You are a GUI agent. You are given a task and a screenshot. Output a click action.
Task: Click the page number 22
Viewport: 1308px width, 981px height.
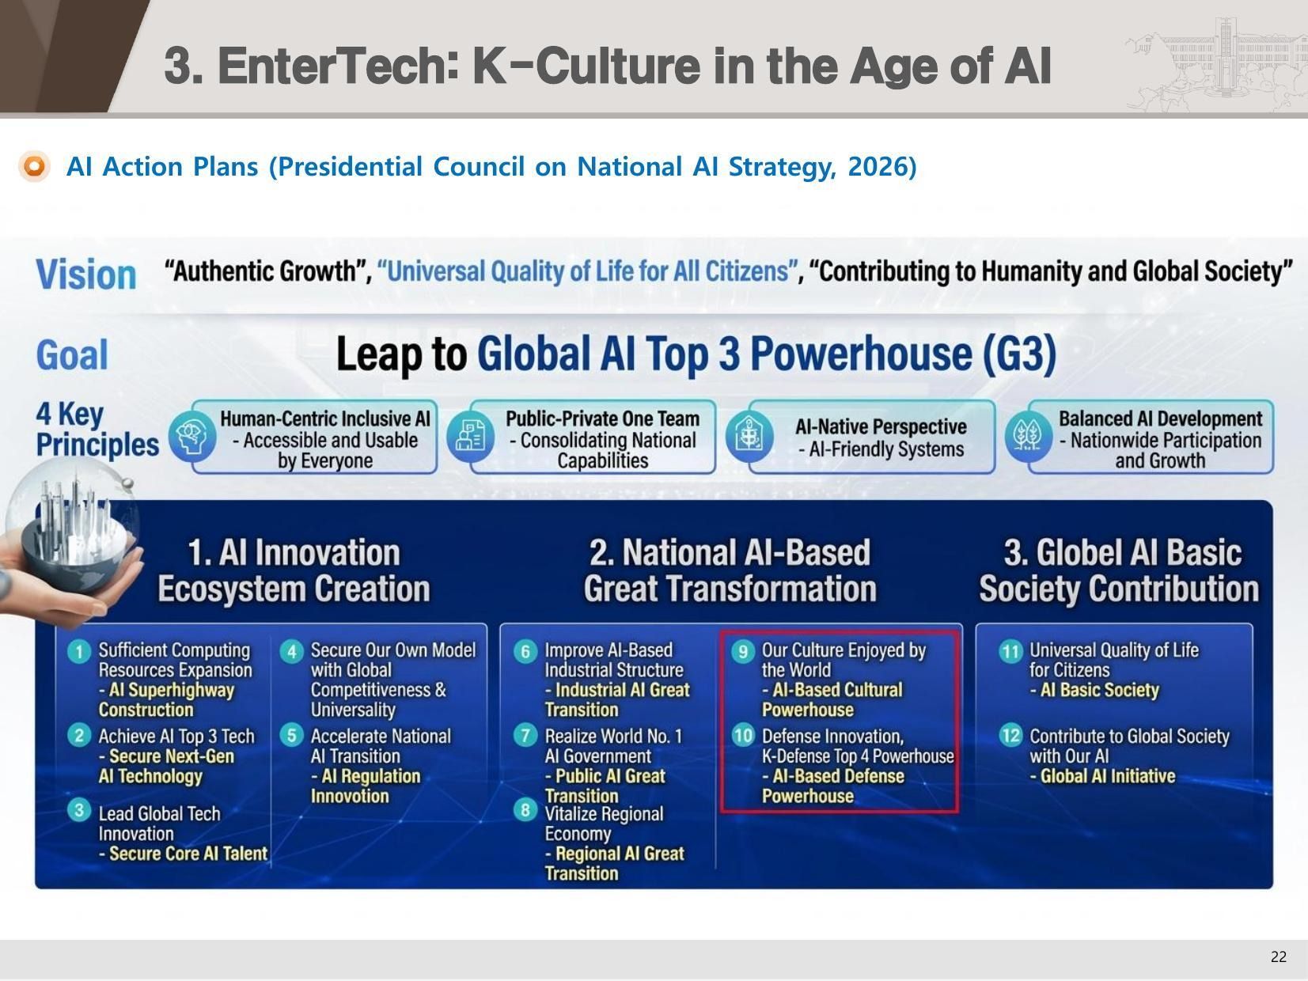(x=1279, y=956)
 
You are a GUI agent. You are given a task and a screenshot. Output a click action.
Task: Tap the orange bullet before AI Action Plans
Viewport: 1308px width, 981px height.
(x=35, y=166)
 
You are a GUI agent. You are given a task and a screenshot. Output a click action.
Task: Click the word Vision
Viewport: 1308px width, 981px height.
(x=86, y=275)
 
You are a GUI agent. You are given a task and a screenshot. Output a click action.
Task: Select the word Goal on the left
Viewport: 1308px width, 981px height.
(x=72, y=354)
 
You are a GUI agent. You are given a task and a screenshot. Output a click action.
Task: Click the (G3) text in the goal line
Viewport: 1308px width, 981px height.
(x=1020, y=354)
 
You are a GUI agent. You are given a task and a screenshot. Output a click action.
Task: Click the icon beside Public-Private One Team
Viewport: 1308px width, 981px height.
(x=471, y=437)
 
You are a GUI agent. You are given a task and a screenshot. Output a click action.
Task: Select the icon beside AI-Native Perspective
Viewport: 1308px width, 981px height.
(x=749, y=437)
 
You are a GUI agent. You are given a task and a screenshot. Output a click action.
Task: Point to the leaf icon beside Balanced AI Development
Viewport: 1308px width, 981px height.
(x=1029, y=437)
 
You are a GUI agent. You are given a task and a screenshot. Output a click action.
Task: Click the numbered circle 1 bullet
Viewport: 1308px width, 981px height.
(x=78, y=652)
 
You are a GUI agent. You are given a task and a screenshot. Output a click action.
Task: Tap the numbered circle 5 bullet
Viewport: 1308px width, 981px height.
(x=291, y=736)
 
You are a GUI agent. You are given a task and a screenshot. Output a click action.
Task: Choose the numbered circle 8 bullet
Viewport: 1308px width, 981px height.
(x=525, y=810)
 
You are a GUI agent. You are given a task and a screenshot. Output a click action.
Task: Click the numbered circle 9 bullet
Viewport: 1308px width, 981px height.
(x=742, y=652)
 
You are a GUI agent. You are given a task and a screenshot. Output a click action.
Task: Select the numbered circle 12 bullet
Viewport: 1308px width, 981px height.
(x=1010, y=736)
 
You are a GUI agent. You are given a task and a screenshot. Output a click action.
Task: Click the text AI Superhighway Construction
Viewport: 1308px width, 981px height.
(x=167, y=700)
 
